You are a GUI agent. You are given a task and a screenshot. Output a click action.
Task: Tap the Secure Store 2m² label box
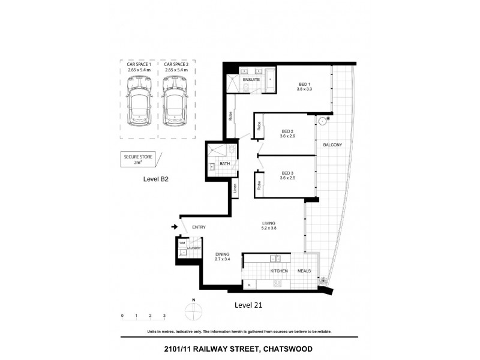click(138, 158)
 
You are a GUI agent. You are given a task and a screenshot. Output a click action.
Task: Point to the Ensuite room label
click(251, 79)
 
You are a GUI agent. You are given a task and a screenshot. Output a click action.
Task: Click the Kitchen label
click(279, 271)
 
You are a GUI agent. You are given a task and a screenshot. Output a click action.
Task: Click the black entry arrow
click(175, 227)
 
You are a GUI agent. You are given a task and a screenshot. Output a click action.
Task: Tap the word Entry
click(199, 227)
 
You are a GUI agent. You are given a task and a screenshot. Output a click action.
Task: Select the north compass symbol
click(194, 311)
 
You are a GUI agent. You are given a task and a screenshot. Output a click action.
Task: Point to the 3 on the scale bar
click(164, 315)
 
